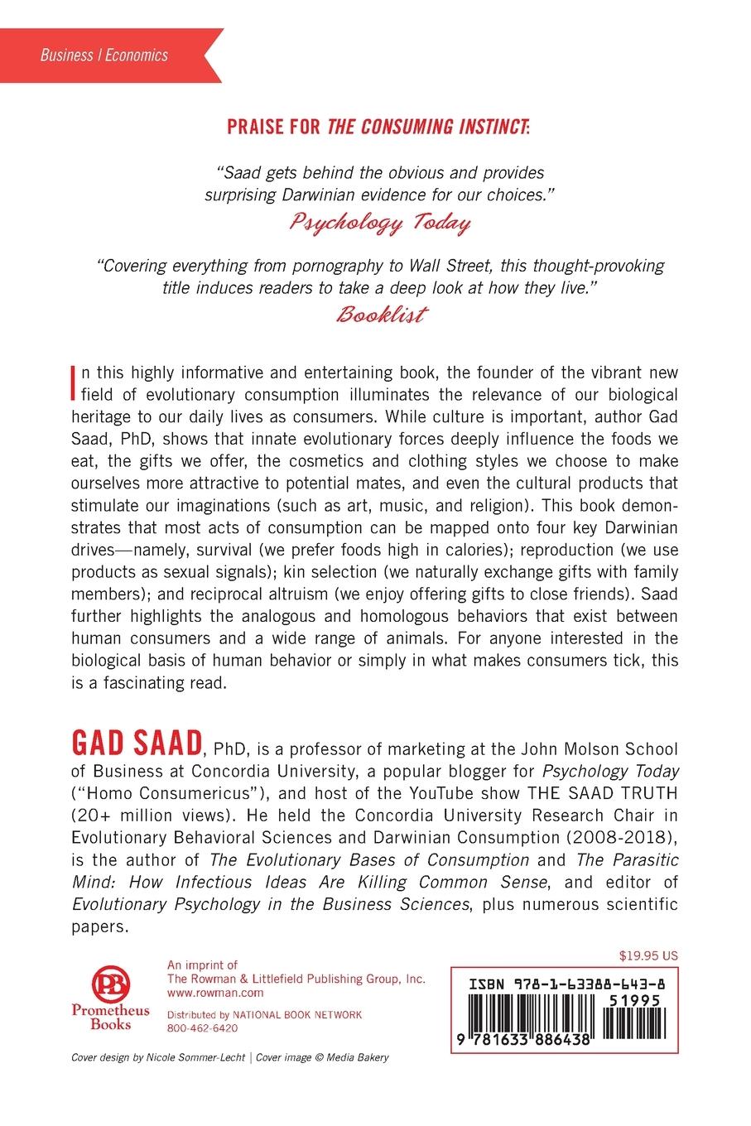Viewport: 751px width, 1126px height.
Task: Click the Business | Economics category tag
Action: pos(104,55)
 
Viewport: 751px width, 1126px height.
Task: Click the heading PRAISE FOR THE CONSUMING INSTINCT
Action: pos(374,127)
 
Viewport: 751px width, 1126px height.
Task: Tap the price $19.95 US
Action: pos(648,955)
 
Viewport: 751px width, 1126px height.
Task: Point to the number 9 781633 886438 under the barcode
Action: pos(523,1039)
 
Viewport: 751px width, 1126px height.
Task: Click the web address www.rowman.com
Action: pos(204,993)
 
